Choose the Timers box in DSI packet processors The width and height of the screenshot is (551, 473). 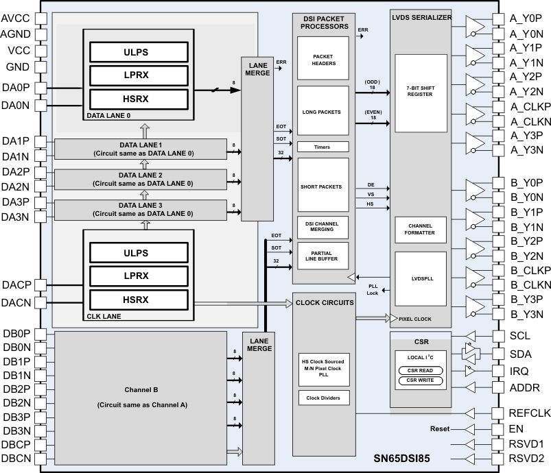click(323, 147)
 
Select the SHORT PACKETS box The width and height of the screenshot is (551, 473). click(323, 186)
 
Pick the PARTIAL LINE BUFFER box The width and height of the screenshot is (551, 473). click(323, 256)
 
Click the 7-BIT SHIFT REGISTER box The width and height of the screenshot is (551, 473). click(419, 92)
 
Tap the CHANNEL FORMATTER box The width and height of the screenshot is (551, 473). click(419, 228)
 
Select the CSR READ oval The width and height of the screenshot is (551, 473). click(419, 371)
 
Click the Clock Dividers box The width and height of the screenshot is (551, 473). click(323, 398)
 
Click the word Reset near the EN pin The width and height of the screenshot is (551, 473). click(440, 429)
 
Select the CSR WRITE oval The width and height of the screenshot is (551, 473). click(419, 381)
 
